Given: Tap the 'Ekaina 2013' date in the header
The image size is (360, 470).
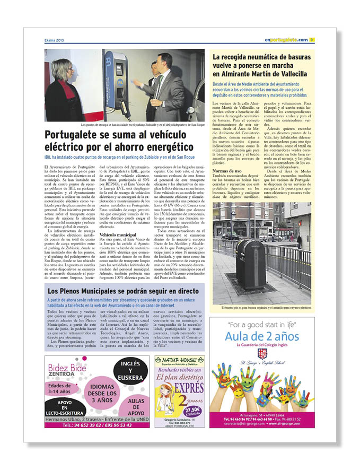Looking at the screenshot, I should [x=56, y=40].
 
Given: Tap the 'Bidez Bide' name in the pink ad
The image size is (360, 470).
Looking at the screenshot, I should [x=71, y=368].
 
